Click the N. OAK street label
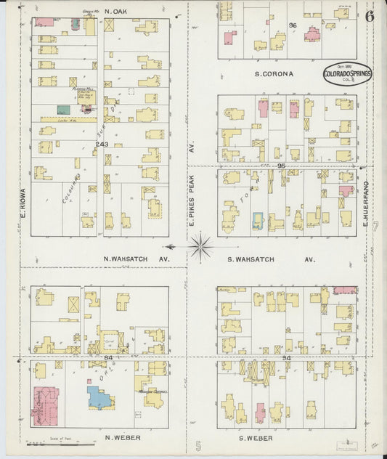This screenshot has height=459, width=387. click(x=116, y=12)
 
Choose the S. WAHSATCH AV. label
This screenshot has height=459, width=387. click(x=271, y=259)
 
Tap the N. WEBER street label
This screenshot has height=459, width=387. click(x=122, y=438)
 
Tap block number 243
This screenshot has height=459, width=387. click(x=102, y=145)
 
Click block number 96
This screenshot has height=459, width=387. click(x=293, y=25)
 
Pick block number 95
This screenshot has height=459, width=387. click(x=282, y=166)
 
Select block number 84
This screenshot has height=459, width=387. click(x=109, y=357)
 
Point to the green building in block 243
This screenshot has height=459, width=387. click(x=64, y=110)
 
